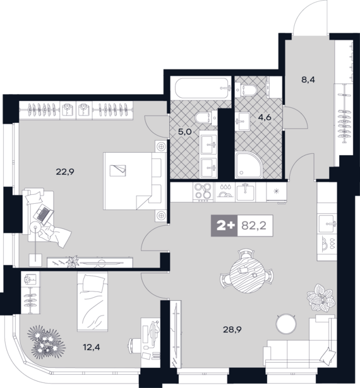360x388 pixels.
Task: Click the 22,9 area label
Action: (65, 172)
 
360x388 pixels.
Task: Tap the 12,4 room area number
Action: (92, 347)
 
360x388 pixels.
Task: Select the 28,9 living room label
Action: (232, 329)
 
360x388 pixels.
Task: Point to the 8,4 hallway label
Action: (308, 79)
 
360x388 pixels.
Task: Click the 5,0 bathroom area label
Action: (185, 132)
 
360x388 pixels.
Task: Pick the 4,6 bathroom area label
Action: (265, 117)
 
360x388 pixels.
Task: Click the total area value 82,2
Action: (254, 226)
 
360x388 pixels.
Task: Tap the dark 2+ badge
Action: (224, 226)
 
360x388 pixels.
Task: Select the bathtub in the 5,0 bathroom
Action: (203, 88)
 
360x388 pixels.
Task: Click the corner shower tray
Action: (249, 165)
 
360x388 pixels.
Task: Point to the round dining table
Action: (247, 275)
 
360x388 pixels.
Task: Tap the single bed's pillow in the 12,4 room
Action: (93, 283)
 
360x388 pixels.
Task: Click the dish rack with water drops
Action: (225, 191)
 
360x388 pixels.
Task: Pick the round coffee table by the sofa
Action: (286, 324)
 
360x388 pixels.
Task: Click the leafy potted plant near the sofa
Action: (321, 298)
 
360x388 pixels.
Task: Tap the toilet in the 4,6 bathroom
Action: (246, 90)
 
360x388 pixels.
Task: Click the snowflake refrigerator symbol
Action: (276, 191)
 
